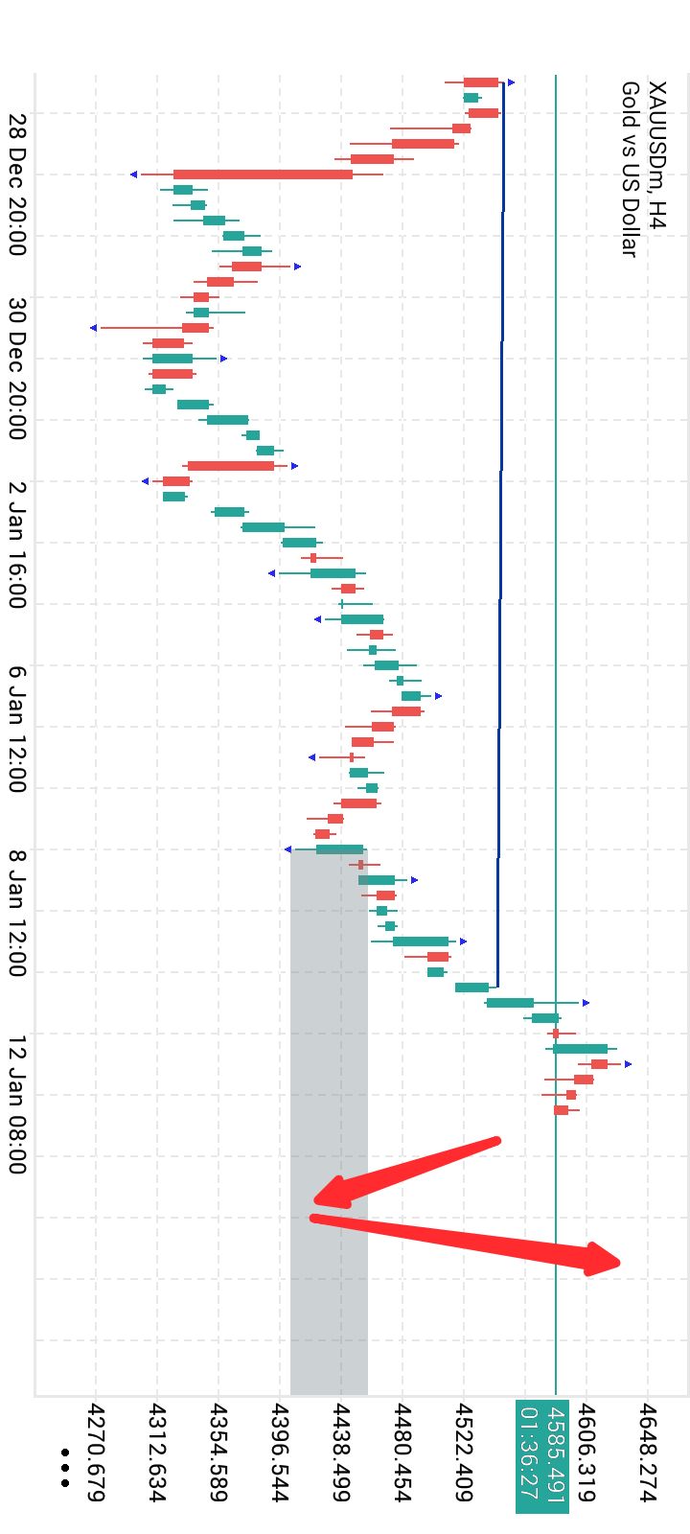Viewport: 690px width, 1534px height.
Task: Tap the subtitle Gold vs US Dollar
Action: coord(630,169)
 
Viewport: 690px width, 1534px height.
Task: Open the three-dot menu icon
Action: coord(65,1468)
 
